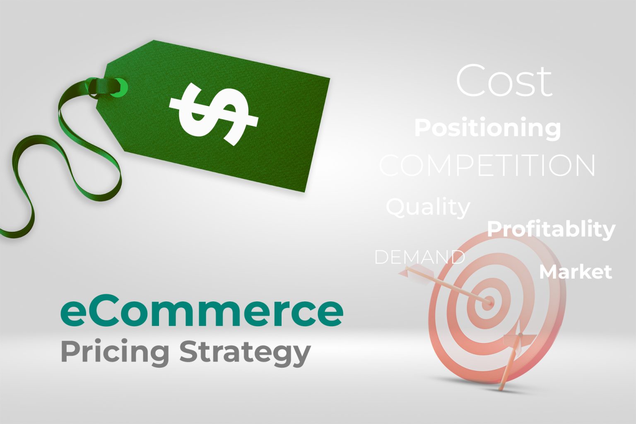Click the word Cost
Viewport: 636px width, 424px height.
(504, 81)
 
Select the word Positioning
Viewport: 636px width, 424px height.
(487, 128)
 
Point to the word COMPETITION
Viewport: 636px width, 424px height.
(487, 166)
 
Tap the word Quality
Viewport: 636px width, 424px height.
(428, 207)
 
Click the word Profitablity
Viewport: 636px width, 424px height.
(551, 229)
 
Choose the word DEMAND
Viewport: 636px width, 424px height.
(419, 257)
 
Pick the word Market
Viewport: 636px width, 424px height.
(575, 272)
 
